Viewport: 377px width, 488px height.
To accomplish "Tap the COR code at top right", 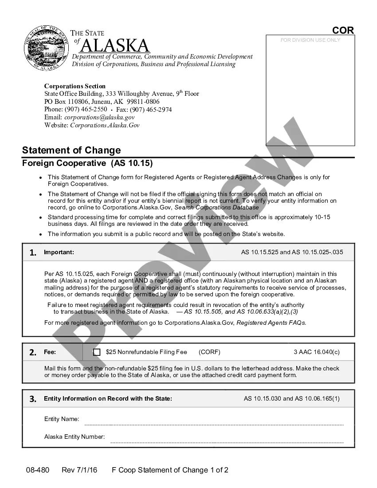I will (343, 30).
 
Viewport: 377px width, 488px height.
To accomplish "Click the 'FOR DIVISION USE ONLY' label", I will (310, 40).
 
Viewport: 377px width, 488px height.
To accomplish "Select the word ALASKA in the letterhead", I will (115, 45).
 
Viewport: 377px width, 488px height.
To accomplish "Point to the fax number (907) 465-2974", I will (151, 110).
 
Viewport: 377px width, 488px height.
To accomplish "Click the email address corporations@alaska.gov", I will (99, 118).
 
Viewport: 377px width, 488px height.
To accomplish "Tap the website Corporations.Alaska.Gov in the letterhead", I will (105, 126).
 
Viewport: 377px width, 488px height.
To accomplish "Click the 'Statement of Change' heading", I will (71, 150).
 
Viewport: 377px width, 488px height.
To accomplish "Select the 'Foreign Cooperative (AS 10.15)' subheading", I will (87, 163).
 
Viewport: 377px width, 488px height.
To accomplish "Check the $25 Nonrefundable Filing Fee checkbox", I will (97, 352).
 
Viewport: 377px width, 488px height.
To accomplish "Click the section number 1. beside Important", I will (33, 253).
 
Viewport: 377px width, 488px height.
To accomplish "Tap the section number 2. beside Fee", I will (33, 353).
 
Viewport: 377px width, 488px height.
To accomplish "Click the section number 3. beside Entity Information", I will (33, 399).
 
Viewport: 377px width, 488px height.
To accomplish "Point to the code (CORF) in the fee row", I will (209, 352).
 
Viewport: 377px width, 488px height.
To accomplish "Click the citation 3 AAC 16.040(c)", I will (316, 352).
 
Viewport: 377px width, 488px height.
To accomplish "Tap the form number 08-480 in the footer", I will (37, 470).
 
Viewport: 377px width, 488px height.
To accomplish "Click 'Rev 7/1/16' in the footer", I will (80, 470).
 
